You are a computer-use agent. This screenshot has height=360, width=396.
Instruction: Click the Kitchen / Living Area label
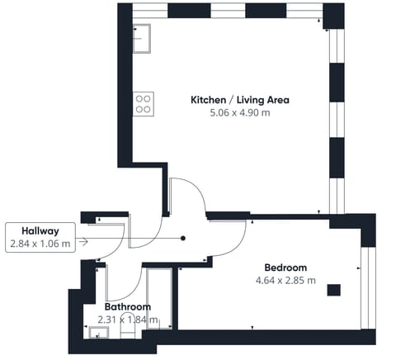(239, 100)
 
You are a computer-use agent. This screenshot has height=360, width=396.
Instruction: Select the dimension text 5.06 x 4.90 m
(239, 112)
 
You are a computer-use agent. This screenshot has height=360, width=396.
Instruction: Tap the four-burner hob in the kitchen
(144, 102)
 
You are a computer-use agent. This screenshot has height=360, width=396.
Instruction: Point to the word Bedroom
(285, 268)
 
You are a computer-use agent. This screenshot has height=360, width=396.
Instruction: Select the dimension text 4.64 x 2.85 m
(285, 280)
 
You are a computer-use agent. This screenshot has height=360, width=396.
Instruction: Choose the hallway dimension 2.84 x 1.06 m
(40, 244)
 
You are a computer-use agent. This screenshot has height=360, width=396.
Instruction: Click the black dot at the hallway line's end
(183, 239)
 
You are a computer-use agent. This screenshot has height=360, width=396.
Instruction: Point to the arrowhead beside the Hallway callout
(84, 244)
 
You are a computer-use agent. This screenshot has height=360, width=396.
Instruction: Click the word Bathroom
(128, 306)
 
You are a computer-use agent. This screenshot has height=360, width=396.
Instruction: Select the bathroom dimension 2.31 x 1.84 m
(128, 320)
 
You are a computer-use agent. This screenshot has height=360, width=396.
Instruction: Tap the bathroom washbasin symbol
(100, 334)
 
